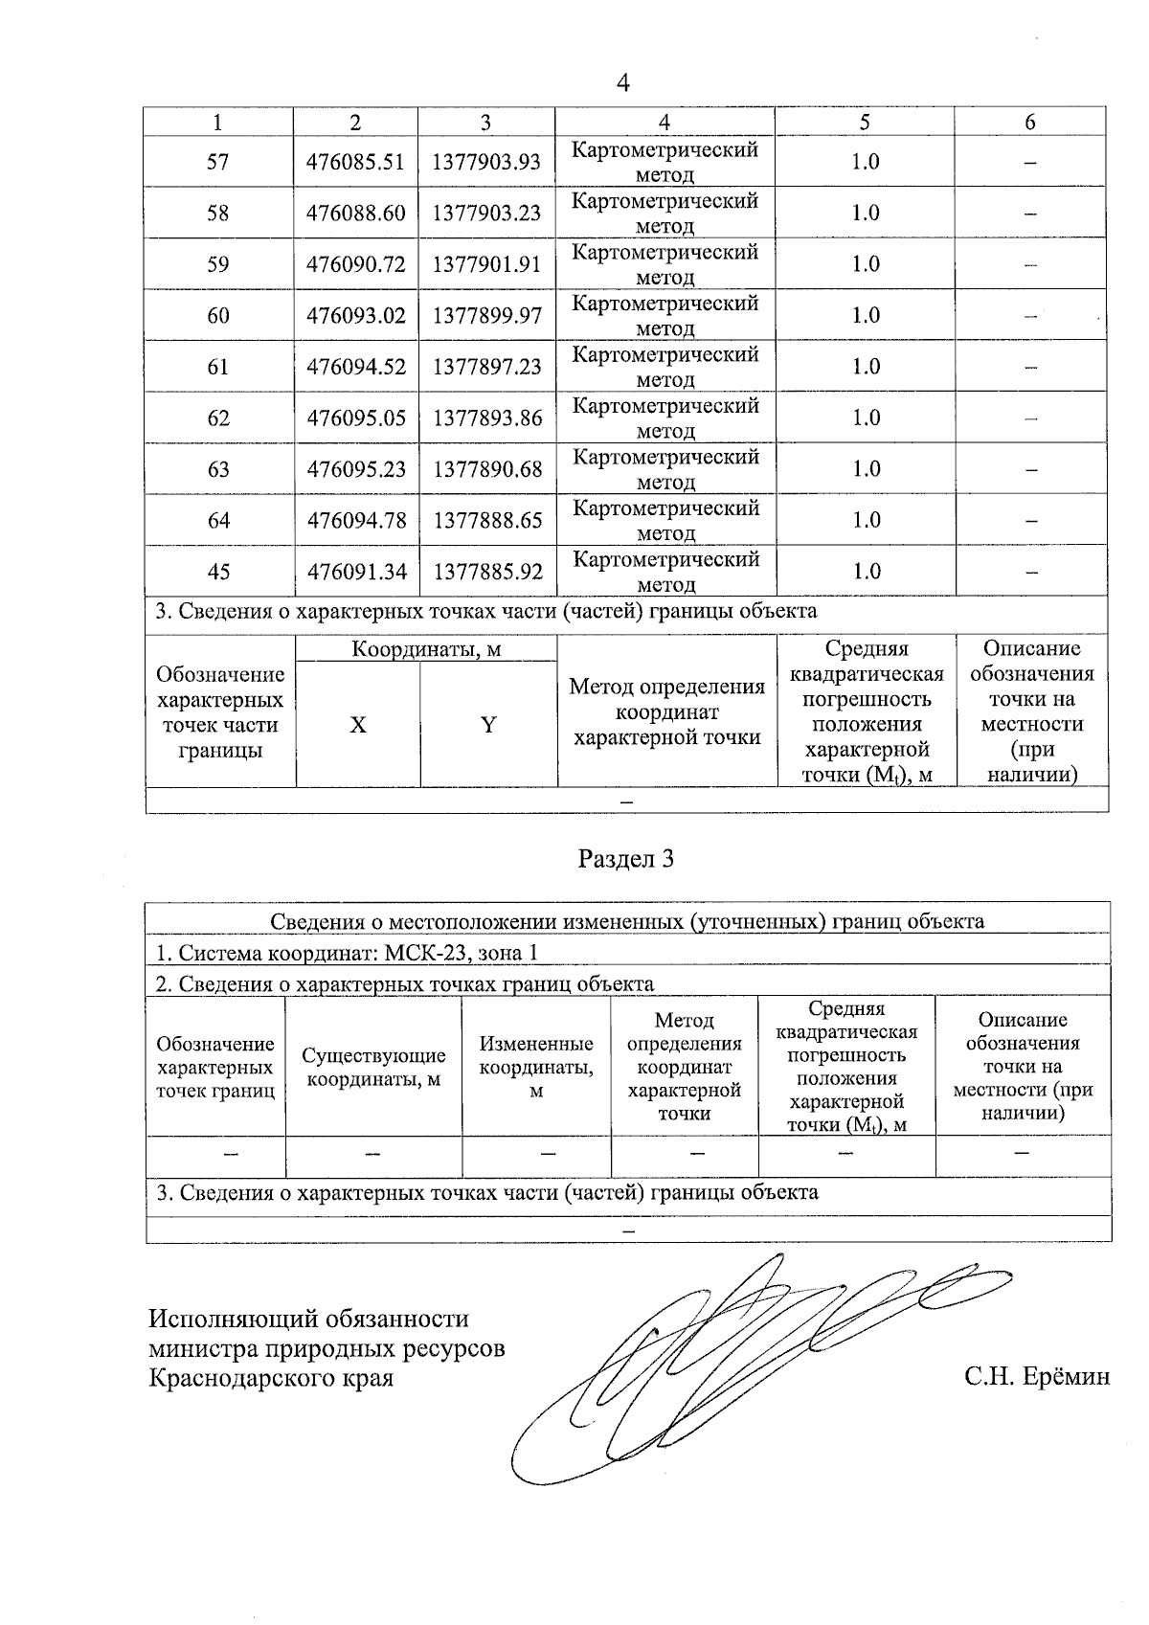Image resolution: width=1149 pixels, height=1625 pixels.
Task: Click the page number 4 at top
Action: (623, 83)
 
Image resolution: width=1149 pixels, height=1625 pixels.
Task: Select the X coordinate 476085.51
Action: (355, 162)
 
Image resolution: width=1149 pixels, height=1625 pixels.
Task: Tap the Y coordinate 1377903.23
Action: (486, 213)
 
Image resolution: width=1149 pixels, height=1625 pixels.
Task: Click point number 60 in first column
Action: (218, 315)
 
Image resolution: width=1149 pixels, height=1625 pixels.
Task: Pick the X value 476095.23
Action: (355, 469)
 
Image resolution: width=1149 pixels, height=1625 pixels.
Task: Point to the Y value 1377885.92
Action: (487, 572)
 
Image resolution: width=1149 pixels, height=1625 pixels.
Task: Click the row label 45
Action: (218, 572)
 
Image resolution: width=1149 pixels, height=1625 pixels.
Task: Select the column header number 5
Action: (865, 123)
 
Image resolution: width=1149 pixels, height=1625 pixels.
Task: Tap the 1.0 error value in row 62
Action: (865, 418)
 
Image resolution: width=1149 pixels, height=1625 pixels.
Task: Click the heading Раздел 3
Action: (626, 859)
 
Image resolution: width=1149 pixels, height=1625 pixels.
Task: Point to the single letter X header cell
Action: (357, 725)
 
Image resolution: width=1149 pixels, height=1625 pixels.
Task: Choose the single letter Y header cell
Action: (488, 725)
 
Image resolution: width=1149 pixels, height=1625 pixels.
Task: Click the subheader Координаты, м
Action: (426, 649)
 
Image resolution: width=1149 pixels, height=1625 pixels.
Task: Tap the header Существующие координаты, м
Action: (373, 1067)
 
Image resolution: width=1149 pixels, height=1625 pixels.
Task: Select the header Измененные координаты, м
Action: (536, 1067)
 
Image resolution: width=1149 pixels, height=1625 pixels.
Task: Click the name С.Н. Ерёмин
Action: (1037, 1377)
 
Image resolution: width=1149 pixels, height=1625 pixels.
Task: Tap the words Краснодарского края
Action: (271, 1379)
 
